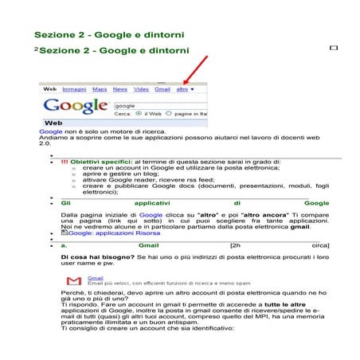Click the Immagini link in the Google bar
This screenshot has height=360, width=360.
[x=75, y=89]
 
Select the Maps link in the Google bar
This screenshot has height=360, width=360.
[x=100, y=89]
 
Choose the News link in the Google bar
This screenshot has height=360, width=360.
[x=120, y=89]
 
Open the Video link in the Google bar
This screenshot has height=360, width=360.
[x=141, y=89]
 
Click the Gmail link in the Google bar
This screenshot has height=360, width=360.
[x=162, y=89]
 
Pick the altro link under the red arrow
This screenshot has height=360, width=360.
[x=182, y=89]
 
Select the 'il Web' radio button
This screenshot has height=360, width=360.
[x=139, y=114]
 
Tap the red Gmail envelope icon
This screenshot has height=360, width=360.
[x=74, y=281]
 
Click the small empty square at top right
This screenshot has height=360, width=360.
[x=333, y=49]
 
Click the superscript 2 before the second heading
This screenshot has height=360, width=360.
[x=36, y=49]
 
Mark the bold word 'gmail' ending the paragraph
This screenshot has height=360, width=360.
[x=299, y=225]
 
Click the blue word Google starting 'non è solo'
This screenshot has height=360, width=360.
[x=51, y=131]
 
